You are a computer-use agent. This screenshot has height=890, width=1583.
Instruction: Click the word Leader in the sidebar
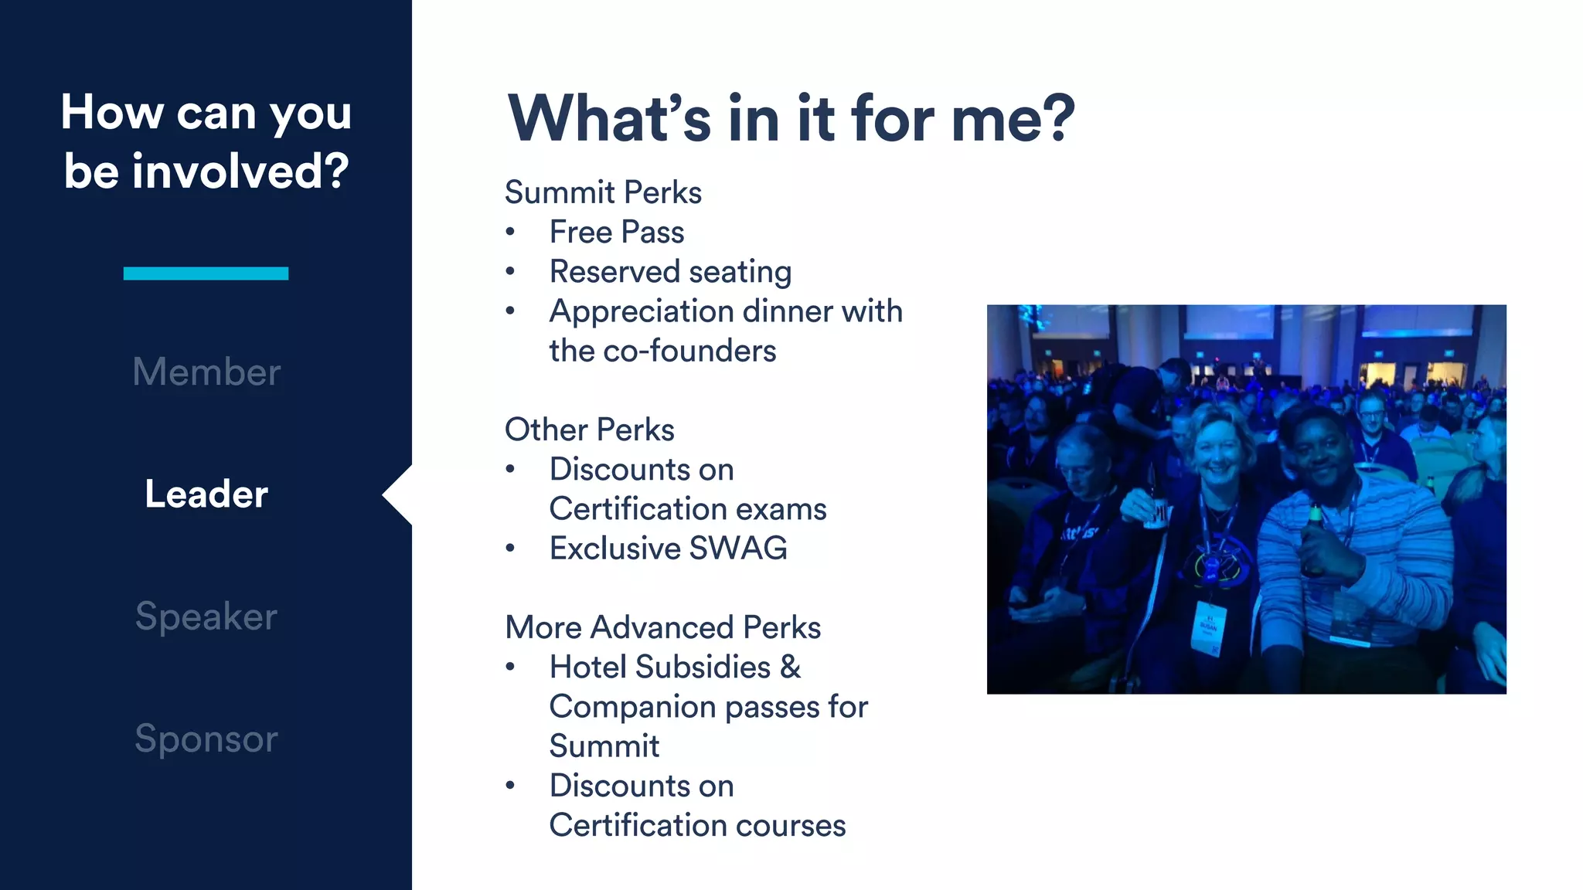[x=206, y=494]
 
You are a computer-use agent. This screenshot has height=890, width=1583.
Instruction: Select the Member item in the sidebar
[x=206, y=372]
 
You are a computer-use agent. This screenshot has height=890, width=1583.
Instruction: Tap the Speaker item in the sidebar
[x=206, y=617]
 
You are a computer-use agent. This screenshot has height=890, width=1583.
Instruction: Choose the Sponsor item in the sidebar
[x=206, y=739]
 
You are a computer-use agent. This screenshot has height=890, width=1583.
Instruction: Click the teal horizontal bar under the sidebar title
[x=206, y=273]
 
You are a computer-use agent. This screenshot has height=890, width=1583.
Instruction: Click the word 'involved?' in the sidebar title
[x=240, y=171]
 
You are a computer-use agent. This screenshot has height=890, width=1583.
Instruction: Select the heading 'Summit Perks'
[x=603, y=192]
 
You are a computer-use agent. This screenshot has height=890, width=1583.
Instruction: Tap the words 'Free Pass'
[x=617, y=232]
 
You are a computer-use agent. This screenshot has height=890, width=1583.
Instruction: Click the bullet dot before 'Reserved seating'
[x=510, y=271]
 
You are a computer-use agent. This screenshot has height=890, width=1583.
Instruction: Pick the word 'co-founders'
[x=689, y=351]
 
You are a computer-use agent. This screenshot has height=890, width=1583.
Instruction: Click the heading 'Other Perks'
[x=589, y=430]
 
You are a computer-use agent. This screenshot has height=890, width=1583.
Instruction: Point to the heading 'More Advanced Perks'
[x=662, y=627]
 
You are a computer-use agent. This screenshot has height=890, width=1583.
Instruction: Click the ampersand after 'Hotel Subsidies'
[x=790, y=667]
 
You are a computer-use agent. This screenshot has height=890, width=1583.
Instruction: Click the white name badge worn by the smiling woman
[x=1207, y=627]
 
